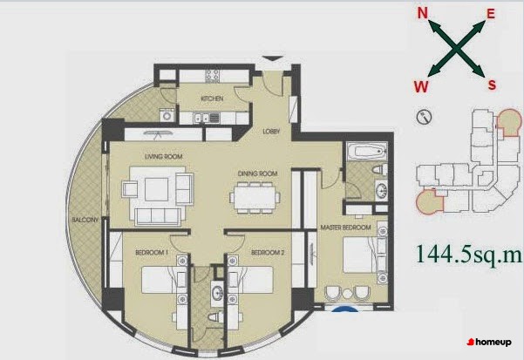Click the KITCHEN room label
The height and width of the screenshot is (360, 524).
[x=212, y=98]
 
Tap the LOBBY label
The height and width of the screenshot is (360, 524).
[x=271, y=132]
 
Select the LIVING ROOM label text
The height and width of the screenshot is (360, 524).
[x=163, y=156]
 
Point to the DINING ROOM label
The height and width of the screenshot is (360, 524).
[x=258, y=173]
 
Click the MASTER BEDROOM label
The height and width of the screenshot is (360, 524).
[x=346, y=228]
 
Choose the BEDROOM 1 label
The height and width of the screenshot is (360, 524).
[x=152, y=252]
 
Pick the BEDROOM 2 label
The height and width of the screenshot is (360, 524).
[x=268, y=252]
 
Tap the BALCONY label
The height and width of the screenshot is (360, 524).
[x=85, y=220]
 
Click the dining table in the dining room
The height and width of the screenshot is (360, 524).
[x=255, y=197]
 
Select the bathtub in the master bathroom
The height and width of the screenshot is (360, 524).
[x=367, y=152]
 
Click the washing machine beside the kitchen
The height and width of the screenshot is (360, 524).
[x=167, y=116]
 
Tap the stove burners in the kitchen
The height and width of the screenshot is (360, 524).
[x=212, y=76]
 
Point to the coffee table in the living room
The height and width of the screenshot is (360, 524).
[x=156, y=189]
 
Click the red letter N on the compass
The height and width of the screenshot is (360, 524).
[x=423, y=13]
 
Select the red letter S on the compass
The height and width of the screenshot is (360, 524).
[x=492, y=85]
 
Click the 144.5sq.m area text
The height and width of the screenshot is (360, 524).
[x=468, y=255]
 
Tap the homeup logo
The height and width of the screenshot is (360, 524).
[x=489, y=342]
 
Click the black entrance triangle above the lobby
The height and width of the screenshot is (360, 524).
[x=274, y=58]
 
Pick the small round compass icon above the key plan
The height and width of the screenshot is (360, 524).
[x=424, y=117]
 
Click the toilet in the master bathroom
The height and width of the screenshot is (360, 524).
[x=380, y=169]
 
